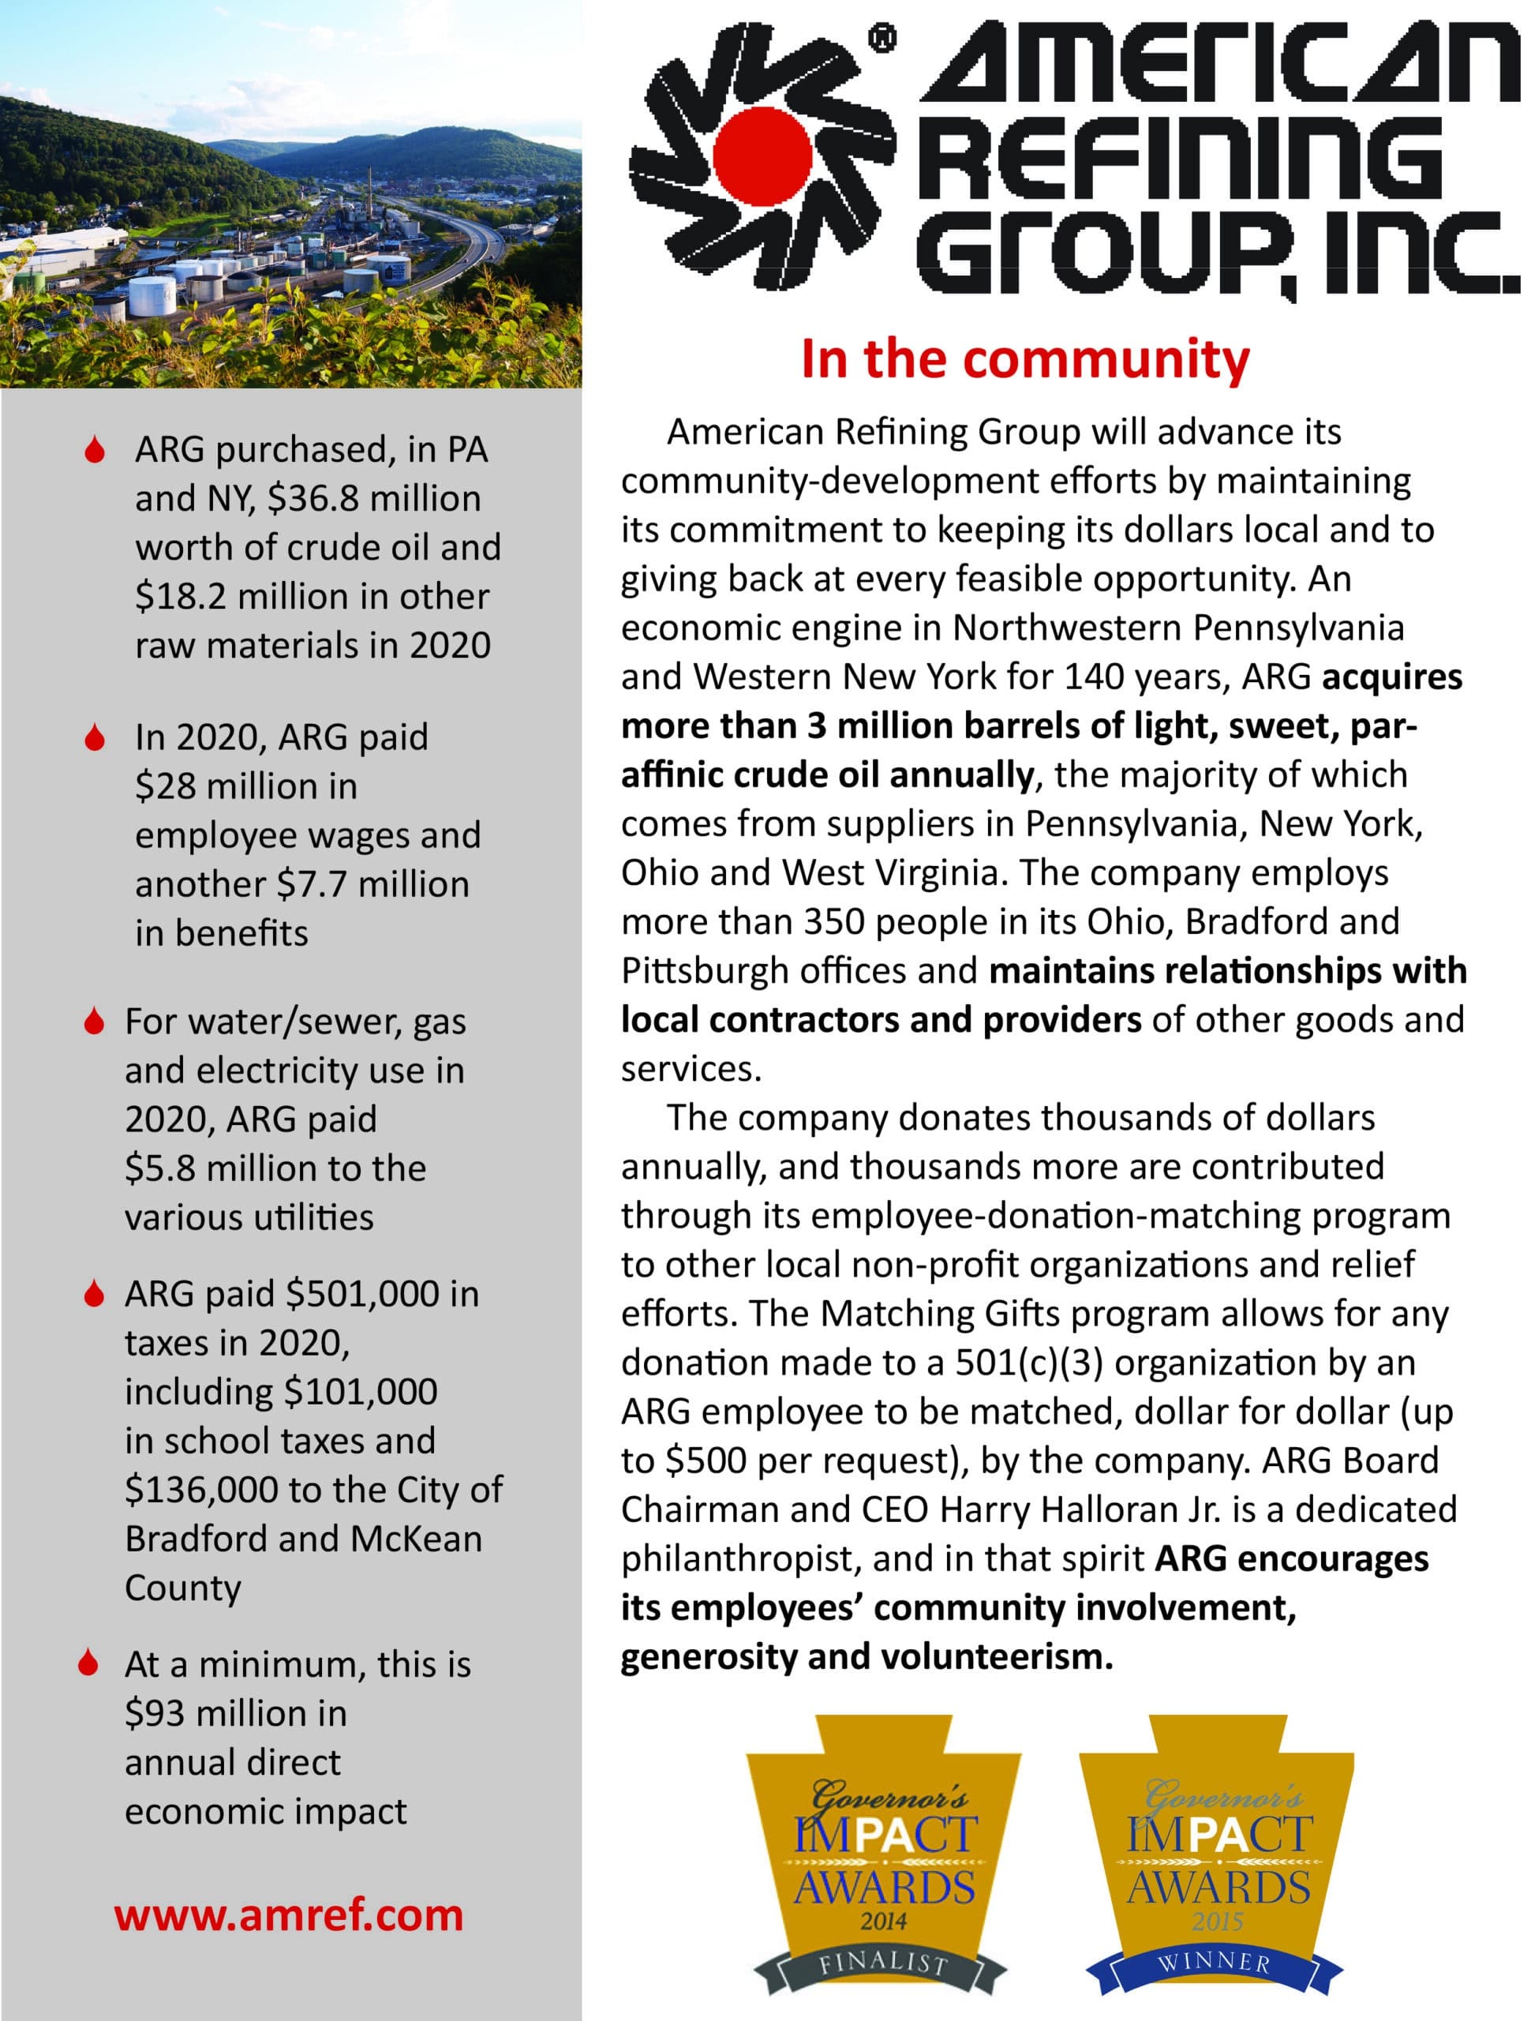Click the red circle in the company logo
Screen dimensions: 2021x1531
tap(764, 156)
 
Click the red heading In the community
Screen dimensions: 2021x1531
tap(1025, 359)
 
